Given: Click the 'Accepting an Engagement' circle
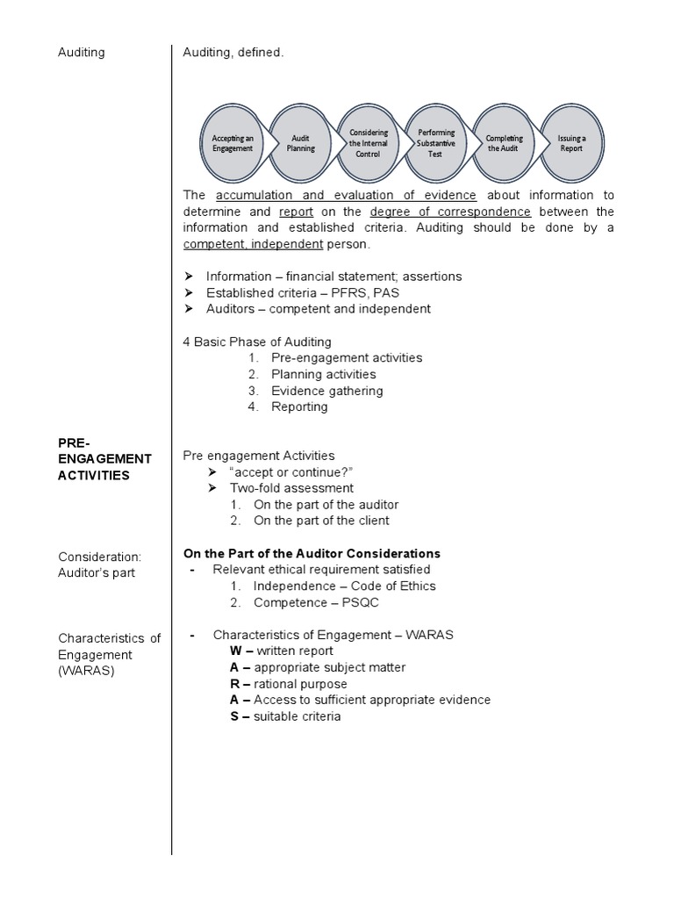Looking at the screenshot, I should [x=233, y=143].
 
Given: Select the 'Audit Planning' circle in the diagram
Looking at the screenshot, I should [x=300, y=143].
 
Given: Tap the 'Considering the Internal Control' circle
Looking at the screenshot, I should [x=368, y=143].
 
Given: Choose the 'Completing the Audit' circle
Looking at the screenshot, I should [x=504, y=143].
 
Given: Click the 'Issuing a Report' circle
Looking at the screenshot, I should [x=571, y=143].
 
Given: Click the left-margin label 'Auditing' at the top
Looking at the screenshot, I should [x=82, y=53].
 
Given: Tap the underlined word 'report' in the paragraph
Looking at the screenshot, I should [x=297, y=212].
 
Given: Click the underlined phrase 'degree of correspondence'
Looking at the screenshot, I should [x=450, y=212].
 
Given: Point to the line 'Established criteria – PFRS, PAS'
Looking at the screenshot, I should [x=302, y=292].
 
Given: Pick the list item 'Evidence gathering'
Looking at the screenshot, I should [x=326, y=391].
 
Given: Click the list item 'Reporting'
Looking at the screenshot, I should [x=299, y=406].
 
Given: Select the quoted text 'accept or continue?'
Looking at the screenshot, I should [x=291, y=471].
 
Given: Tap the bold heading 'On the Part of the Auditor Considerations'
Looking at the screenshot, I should [x=312, y=553].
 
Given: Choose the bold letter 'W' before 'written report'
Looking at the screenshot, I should [x=236, y=651].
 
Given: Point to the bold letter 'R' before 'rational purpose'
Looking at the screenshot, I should [x=234, y=684].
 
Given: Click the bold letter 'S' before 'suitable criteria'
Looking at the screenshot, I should [x=234, y=716].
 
